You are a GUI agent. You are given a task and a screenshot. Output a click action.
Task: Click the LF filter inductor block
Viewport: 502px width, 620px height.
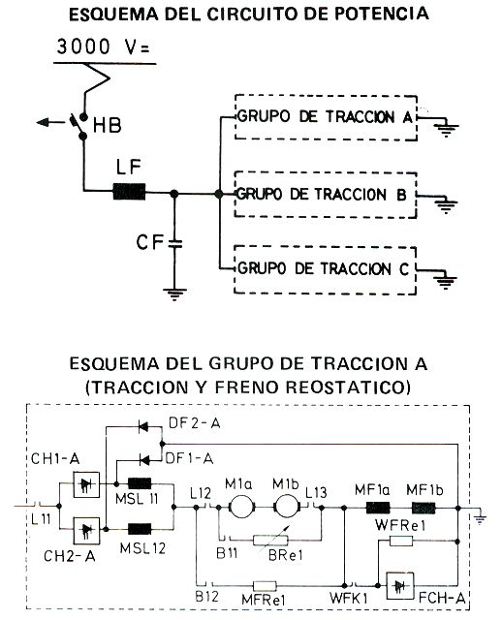[129, 192]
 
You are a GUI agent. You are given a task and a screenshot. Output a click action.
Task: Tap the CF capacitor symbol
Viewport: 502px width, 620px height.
[174, 243]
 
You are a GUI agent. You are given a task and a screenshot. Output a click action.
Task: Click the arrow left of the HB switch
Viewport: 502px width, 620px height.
[49, 123]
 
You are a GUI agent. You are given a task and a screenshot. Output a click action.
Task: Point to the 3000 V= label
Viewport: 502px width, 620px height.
[103, 47]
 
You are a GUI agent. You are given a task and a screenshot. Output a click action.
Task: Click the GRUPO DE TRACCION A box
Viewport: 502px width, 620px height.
[326, 117]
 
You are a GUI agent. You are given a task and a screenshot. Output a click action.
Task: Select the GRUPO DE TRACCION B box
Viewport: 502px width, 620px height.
[326, 195]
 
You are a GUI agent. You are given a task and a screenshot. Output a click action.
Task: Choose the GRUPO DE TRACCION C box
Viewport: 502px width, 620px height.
[325, 270]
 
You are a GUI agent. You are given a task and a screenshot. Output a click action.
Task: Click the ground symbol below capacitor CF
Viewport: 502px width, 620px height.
[174, 294]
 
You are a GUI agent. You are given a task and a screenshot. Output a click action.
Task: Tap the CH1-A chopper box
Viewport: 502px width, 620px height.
[86, 484]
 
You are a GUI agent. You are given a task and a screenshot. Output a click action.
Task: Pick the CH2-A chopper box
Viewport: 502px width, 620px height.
[86, 530]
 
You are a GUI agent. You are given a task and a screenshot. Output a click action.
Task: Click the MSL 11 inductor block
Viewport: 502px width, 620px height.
[140, 483]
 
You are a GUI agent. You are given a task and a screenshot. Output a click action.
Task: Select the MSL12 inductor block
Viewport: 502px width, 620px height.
[140, 529]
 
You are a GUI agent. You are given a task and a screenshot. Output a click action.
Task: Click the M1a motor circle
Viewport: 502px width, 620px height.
[241, 507]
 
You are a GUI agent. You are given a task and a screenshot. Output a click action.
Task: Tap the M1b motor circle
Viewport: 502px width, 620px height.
[286, 507]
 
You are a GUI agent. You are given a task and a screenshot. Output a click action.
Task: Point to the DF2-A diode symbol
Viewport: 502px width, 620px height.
[142, 426]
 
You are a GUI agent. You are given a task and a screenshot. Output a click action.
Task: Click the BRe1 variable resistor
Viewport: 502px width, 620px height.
[270, 540]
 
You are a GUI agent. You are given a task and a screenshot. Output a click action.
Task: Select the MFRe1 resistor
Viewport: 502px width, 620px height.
[265, 585]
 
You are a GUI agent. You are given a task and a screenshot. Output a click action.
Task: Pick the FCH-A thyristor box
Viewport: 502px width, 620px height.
[400, 586]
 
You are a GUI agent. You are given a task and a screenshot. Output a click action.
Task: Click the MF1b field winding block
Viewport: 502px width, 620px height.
[424, 508]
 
